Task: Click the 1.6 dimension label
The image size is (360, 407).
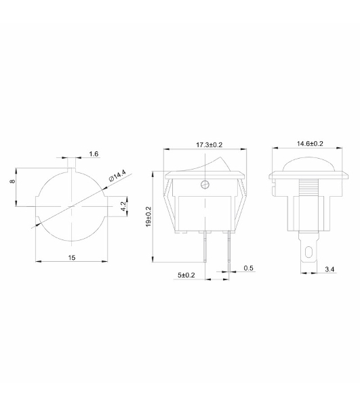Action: coord(94,154)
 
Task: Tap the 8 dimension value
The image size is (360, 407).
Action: coord(12,181)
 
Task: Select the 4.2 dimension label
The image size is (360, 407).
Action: coord(123,207)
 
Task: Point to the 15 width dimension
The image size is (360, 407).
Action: coord(72,258)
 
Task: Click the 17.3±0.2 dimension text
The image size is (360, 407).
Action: coord(209,145)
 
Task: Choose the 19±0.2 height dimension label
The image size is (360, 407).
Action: coord(148,217)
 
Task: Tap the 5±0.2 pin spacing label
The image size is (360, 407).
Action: coord(186,275)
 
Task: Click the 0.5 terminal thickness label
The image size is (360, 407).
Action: coord(248,268)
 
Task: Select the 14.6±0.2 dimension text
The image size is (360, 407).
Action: coord(310,144)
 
